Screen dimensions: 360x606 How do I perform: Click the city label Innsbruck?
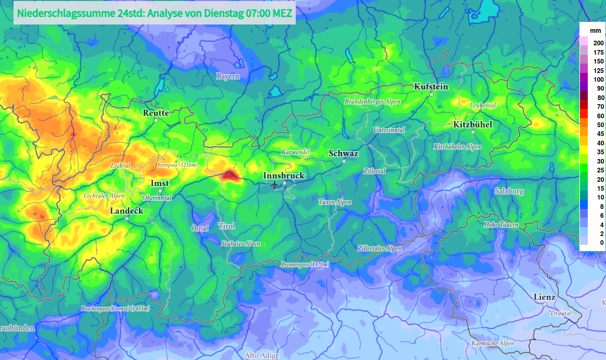pyautogui.click(x=284, y=176)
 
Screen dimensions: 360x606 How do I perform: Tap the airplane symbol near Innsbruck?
pyautogui.click(x=275, y=185)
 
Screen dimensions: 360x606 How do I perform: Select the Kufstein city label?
pyautogui.click(x=431, y=86)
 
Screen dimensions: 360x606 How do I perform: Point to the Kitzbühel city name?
pyautogui.click(x=473, y=125)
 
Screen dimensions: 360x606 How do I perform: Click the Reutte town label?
pyautogui.click(x=156, y=113)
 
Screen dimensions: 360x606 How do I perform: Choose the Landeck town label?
pyautogui.click(x=127, y=211)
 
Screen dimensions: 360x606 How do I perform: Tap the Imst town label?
pyautogui.click(x=159, y=183)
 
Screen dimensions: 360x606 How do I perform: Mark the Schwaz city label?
pyautogui.click(x=344, y=154)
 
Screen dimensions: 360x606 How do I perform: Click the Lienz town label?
pyautogui.click(x=545, y=297)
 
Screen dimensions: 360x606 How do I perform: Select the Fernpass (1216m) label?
pyautogui.click(x=178, y=165)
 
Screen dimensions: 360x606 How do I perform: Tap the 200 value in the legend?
pyautogui.click(x=598, y=43)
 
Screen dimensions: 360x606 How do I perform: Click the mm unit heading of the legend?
pyautogui.click(x=588, y=31)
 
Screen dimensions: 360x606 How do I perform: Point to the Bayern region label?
pyautogui.click(x=228, y=76)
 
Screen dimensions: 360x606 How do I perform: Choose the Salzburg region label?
pyautogui.click(x=509, y=191)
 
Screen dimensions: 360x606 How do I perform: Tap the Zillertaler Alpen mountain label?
pyautogui.click(x=379, y=249)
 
